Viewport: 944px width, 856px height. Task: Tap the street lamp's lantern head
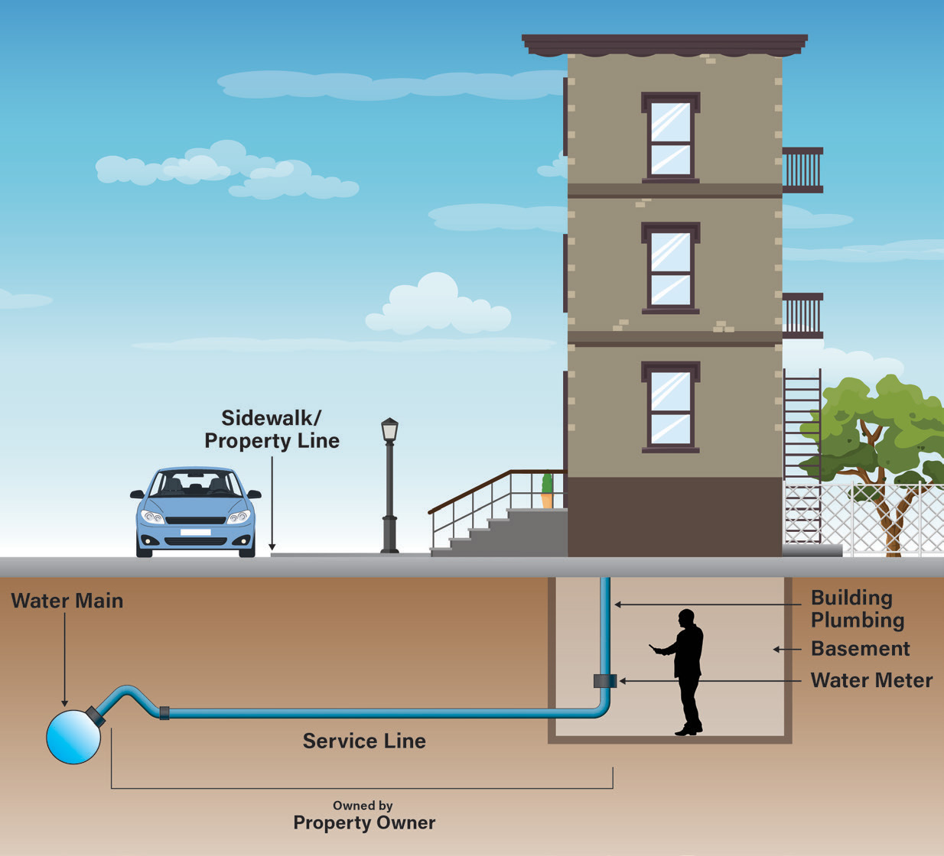(x=389, y=430)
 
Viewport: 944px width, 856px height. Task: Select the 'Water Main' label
(x=67, y=601)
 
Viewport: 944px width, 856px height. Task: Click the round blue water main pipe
(x=73, y=737)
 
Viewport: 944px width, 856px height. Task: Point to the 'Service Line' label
(x=364, y=741)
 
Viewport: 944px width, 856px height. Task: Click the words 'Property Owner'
(x=364, y=822)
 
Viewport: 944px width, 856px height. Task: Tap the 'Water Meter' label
(x=871, y=680)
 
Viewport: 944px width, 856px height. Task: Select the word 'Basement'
(x=860, y=649)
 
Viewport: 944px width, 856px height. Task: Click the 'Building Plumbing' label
(x=857, y=608)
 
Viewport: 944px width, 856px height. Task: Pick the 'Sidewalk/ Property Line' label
(x=272, y=429)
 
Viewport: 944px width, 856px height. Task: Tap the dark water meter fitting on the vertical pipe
(x=604, y=680)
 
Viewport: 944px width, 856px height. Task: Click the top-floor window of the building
(x=670, y=138)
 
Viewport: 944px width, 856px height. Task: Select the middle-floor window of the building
(x=670, y=267)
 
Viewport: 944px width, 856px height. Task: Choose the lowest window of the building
(x=670, y=407)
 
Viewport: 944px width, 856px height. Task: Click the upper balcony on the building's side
(x=802, y=170)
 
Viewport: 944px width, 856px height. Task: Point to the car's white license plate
(x=195, y=532)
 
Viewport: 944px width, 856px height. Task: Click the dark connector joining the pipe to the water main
(x=95, y=716)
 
